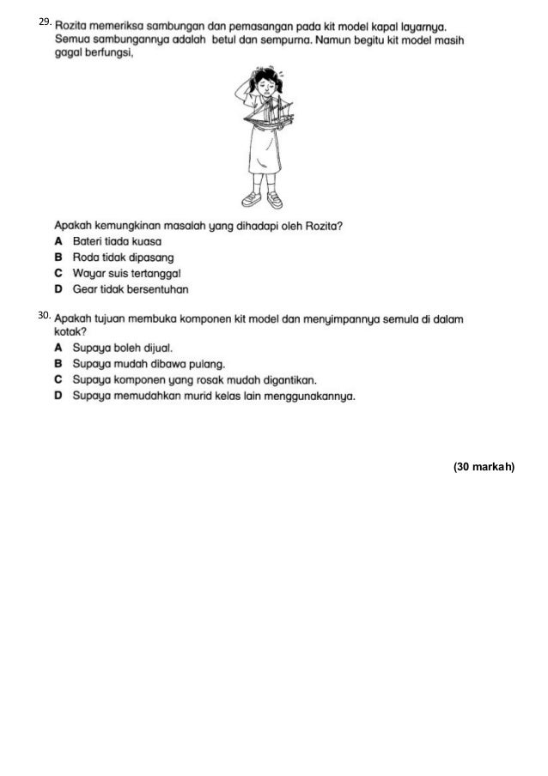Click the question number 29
click(x=45, y=20)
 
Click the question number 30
click(x=45, y=316)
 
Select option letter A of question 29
click(x=58, y=241)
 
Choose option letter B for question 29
click(x=58, y=257)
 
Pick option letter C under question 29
click(x=58, y=272)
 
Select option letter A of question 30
click(x=58, y=349)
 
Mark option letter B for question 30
click(x=58, y=364)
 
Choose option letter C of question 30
click(x=58, y=379)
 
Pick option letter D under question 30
click(x=58, y=396)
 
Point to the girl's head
click(x=258, y=82)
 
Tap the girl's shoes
click(x=261, y=200)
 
